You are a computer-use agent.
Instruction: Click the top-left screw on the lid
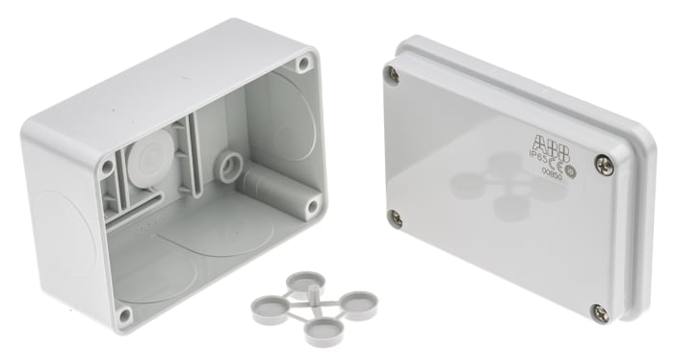tap(391, 74)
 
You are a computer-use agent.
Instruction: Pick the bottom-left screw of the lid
tap(395, 218)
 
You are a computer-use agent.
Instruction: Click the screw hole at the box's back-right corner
tap(304, 64)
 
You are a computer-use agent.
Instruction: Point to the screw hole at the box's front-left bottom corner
tap(124, 313)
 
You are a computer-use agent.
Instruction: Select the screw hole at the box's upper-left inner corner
tap(108, 167)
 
